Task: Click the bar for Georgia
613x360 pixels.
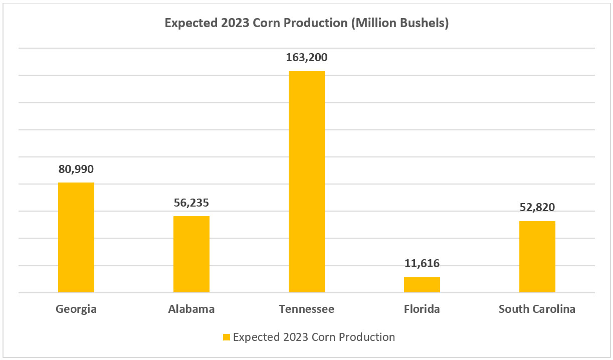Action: (x=76, y=237)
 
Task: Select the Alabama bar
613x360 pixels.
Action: (x=191, y=254)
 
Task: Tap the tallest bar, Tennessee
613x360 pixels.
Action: (x=307, y=182)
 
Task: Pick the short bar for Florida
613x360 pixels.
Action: (x=422, y=284)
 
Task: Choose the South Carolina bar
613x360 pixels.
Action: (x=537, y=257)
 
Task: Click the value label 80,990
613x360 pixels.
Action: (x=76, y=169)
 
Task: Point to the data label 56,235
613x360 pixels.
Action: (x=191, y=203)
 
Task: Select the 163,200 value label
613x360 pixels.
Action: (x=307, y=58)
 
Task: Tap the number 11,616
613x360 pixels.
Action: (x=422, y=264)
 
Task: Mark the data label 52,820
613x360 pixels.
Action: (x=537, y=208)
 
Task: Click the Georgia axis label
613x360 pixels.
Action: (x=76, y=309)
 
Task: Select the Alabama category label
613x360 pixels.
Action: (x=191, y=309)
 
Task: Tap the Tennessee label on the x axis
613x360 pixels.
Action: (x=307, y=309)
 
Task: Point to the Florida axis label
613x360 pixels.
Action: (x=422, y=309)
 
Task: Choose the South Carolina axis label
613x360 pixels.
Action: (x=537, y=309)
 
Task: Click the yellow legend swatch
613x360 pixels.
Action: (x=227, y=337)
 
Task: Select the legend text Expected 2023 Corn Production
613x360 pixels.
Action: (x=314, y=337)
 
